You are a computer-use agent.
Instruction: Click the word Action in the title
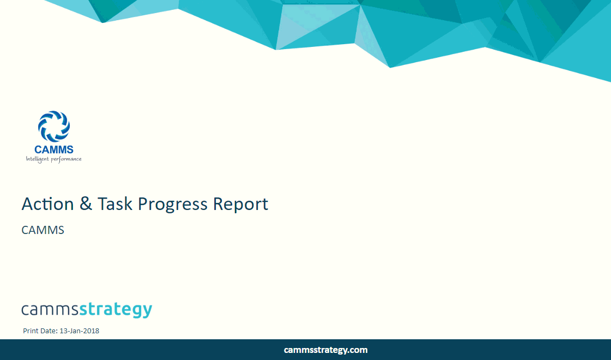47,204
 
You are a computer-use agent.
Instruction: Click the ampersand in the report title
86,204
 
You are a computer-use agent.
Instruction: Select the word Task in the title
115,204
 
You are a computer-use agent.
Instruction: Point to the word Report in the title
240,205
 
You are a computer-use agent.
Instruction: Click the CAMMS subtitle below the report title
43,230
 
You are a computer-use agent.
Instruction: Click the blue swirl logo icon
53,126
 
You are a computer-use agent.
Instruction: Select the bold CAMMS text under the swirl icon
53,149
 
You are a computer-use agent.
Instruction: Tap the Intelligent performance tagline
53,159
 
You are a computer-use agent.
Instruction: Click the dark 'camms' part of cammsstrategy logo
50,310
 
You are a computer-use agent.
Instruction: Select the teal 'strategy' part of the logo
116,310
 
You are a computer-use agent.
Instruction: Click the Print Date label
40,331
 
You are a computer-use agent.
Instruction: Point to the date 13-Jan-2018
79,331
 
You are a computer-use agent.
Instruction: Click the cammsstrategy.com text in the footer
325,350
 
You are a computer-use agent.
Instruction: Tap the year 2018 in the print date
92,331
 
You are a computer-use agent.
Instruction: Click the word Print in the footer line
31,331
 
